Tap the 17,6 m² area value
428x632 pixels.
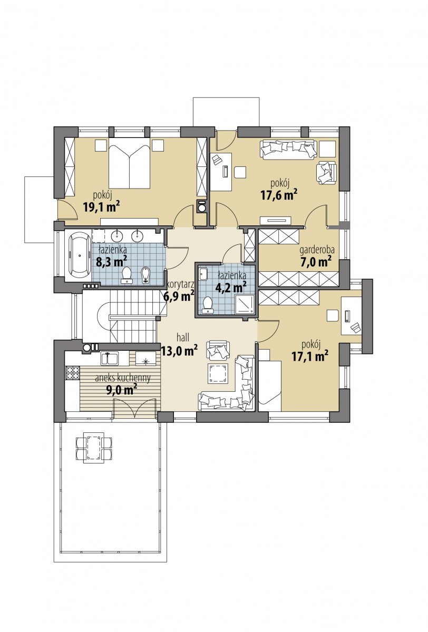coord(279,195)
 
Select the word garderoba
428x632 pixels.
coord(317,250)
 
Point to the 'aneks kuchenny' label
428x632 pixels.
coord(123,378)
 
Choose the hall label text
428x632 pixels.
coord(183,337)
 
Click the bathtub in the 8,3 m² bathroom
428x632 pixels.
coord(80,256)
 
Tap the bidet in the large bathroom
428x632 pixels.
coord(145,274)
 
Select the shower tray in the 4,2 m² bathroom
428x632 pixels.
coord(244,303)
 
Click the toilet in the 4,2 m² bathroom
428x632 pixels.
coord(208,305)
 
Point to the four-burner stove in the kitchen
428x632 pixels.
coord(73,372)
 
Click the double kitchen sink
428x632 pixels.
coord(109,358)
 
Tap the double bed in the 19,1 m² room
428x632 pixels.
coord(129,163)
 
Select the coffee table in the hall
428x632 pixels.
coord(218,373)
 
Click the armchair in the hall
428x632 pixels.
coord(218,350)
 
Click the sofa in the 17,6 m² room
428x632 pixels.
coord(289,150)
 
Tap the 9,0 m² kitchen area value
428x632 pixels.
coord(122,390)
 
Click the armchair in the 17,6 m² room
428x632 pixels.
coord(327,172)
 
